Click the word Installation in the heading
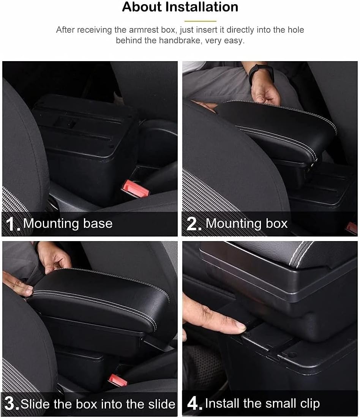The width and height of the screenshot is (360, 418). [202, 7]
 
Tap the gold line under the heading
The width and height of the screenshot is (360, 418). [200, 21]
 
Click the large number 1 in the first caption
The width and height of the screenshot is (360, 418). [11, 224]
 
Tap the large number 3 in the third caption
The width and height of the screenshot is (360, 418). [10, 404]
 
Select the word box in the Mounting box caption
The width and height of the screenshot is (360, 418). [276, 223]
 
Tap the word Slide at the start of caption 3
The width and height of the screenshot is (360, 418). [35, 404]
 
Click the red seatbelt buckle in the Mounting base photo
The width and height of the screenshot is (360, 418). [135, 188]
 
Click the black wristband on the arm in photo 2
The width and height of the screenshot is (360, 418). [261, 74]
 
